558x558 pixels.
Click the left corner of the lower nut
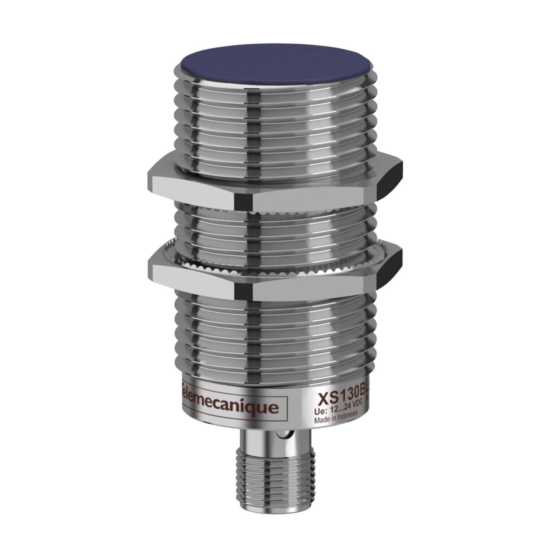(153, 264)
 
